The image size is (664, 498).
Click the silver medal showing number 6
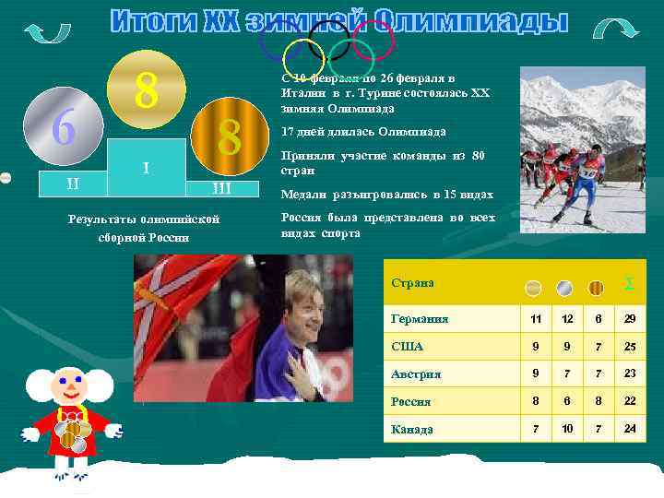pos(63,127)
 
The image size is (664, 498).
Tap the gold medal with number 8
pos(145,89)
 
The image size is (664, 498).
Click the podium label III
pos(221,189)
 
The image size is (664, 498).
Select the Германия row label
pos(420,319)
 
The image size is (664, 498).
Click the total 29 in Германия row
pos(629,318)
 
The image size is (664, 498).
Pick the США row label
pos(407,347)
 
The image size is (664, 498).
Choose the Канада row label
pos(411,429)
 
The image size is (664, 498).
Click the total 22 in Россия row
pos(629,401)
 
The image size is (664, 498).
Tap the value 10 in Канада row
pos(568,429)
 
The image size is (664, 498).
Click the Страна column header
pos(412,283)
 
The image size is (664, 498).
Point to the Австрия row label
pos(416,374)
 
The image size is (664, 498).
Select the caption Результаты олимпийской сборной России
pos(143,228)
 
